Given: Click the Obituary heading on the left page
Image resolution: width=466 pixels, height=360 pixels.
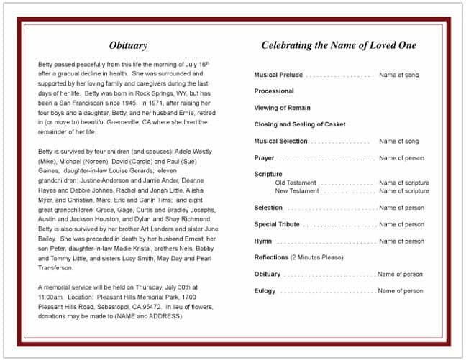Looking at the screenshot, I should [128, 45].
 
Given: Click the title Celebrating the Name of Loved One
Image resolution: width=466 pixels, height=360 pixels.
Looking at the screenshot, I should [338, 45].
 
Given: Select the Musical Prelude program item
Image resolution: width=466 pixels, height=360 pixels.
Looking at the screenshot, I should [278, 75].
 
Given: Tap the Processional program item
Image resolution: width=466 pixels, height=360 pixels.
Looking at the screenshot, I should [274, 91].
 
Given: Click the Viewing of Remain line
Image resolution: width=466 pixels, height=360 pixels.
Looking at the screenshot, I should [283, 108].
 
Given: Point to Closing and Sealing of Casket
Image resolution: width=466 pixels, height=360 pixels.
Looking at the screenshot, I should [300, 124].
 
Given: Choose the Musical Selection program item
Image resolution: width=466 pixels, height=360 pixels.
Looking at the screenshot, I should [280, 141].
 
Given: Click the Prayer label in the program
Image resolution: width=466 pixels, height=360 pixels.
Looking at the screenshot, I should [264, 158].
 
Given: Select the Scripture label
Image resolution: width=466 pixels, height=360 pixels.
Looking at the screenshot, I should [268, 175].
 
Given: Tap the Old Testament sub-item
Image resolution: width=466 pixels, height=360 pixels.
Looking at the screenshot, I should [296, 183].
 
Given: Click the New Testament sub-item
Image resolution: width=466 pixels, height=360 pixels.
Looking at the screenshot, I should [297, 191].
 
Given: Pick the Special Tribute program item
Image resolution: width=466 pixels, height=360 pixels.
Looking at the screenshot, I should [277, 224].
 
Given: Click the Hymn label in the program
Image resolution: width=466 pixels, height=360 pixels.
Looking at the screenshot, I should [263, 241].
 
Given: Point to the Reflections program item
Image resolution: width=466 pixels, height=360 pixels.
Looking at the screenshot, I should [271, 257].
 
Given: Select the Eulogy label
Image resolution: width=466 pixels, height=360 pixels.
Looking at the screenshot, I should [265, 291].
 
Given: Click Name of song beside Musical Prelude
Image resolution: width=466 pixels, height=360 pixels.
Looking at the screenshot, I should [398, 75].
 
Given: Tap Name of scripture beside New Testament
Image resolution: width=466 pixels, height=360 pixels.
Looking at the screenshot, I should [403, 191].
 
